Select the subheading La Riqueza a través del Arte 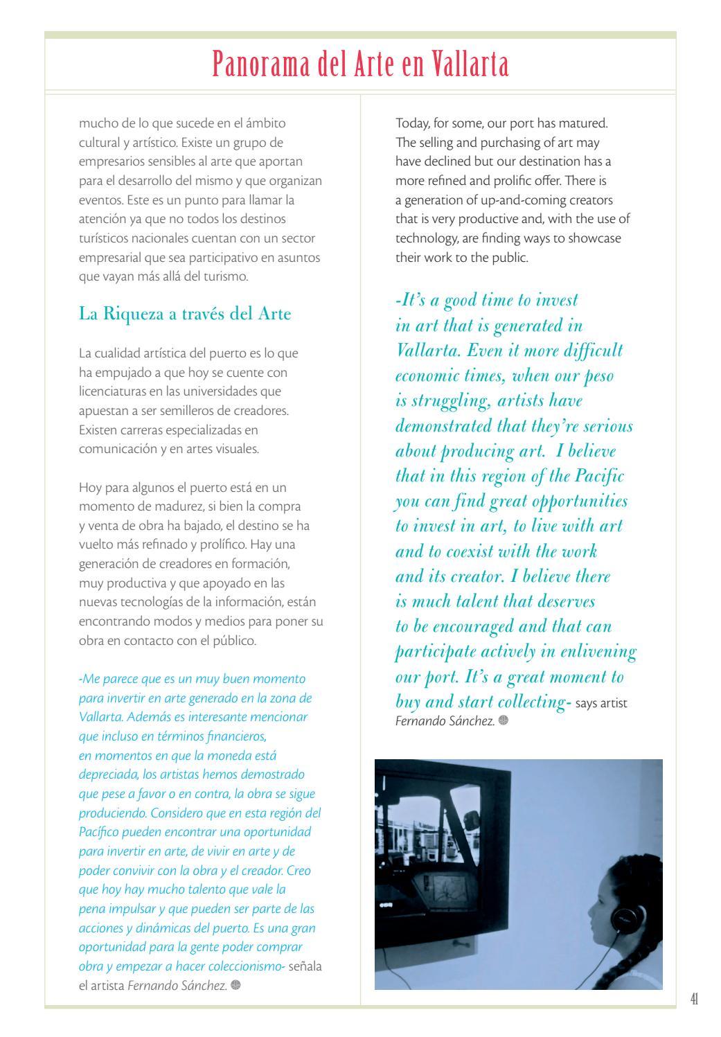coord(185,314)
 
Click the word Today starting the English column coord(411,123)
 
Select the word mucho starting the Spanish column coord(95,123)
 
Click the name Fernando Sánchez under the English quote coord(444,721)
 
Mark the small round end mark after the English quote coord(503,720)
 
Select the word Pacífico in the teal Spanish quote coord(99,832)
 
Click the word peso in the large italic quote coord(596,376)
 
